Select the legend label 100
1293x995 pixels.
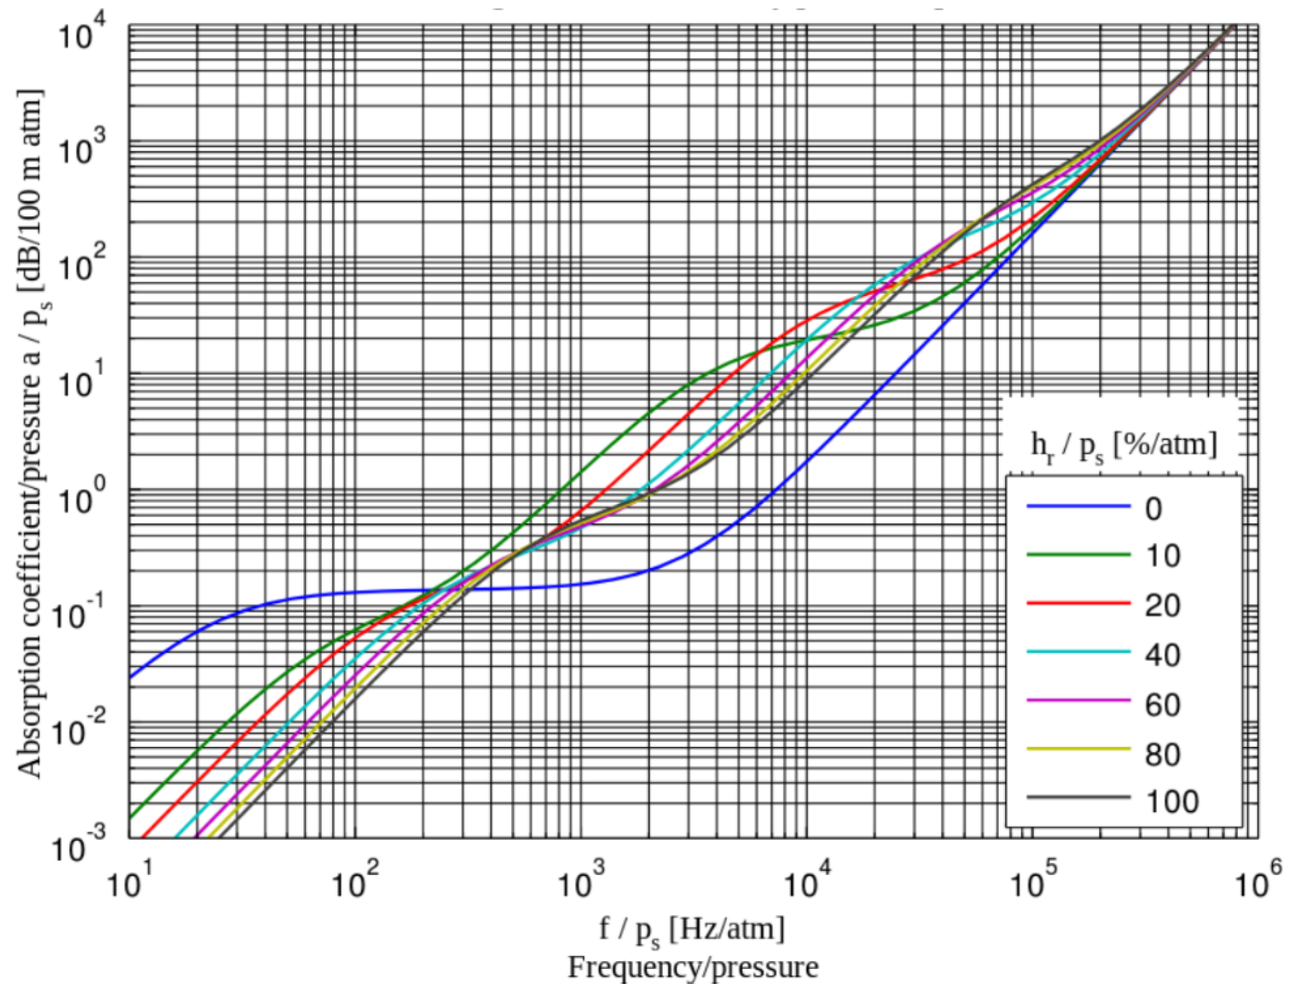click(1171, 801)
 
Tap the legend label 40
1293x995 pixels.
click(1162, 655)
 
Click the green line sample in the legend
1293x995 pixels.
click(1079, 555)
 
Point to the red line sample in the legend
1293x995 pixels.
click(1079, 603)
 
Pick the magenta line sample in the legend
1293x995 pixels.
click(1079, 700)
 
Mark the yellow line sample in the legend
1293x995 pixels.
click(1079, 749)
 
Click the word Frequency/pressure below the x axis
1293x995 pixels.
click(693, 967)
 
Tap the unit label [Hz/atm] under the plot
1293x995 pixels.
click(727, 929)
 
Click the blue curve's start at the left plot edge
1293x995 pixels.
click(131, 677)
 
